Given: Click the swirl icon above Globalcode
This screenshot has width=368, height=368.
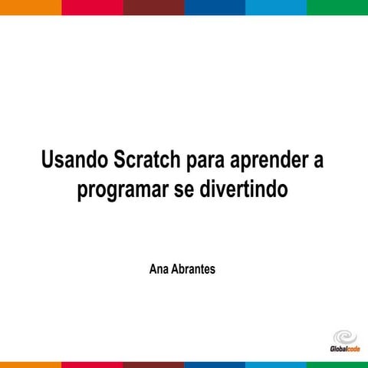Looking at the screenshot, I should [x=344, y=337].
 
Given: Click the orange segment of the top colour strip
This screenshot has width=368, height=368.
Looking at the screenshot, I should [x=31, y=7].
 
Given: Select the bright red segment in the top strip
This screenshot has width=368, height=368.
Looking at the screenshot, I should [x=92, y=7].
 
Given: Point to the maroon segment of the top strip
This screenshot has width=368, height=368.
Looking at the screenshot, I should [x=153, y=7].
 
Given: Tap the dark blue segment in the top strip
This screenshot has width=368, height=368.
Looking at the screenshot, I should [x=215, y=7].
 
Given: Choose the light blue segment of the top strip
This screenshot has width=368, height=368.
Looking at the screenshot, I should [x=276, y=7].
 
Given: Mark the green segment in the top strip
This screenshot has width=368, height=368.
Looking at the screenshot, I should [x=337, y=7].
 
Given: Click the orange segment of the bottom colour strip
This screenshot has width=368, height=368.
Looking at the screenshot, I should [x=31, y=364].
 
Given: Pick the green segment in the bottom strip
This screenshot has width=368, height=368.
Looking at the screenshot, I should [x=337, y=364].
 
